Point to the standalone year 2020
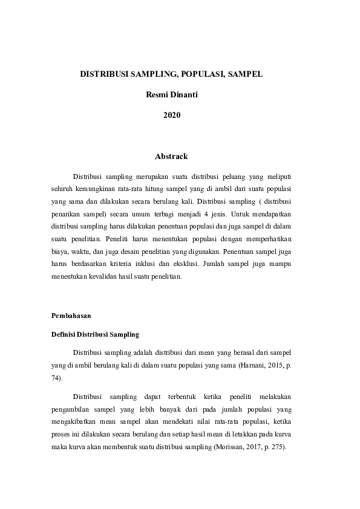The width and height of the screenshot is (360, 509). pos(172,115)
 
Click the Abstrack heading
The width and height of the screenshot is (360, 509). pos(172,157)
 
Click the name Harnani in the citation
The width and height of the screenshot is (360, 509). pos(252,365)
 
